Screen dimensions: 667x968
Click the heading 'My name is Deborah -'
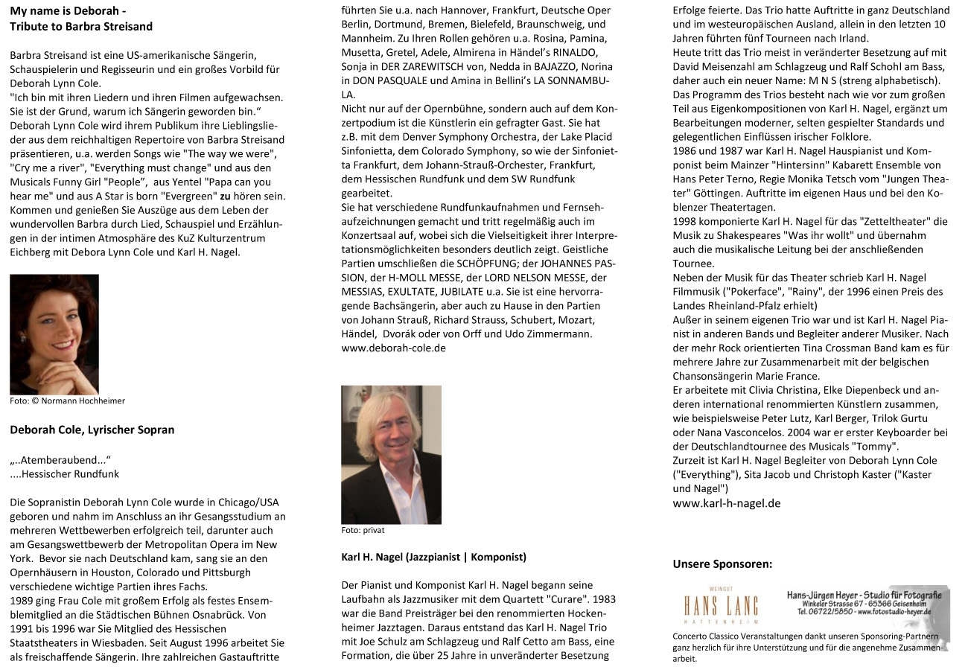click(68, 12)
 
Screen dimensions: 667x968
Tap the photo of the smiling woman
click(54, 333)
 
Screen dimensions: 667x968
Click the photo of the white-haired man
click(391, 454)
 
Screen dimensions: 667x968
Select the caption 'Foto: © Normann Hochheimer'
click(67, 400)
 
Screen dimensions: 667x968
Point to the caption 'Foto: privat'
click(363, 531)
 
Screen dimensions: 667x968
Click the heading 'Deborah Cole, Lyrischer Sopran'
click(92, 430)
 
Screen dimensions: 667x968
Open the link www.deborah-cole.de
click(393, 348)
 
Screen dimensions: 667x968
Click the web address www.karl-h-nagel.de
click(726, 502)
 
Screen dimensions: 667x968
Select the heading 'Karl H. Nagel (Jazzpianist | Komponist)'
click(433, 557)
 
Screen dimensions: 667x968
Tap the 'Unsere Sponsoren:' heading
click(722, 564)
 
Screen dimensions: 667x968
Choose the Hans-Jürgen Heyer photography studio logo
click(866, 604)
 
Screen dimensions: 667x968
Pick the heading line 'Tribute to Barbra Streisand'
click(81, 27)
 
